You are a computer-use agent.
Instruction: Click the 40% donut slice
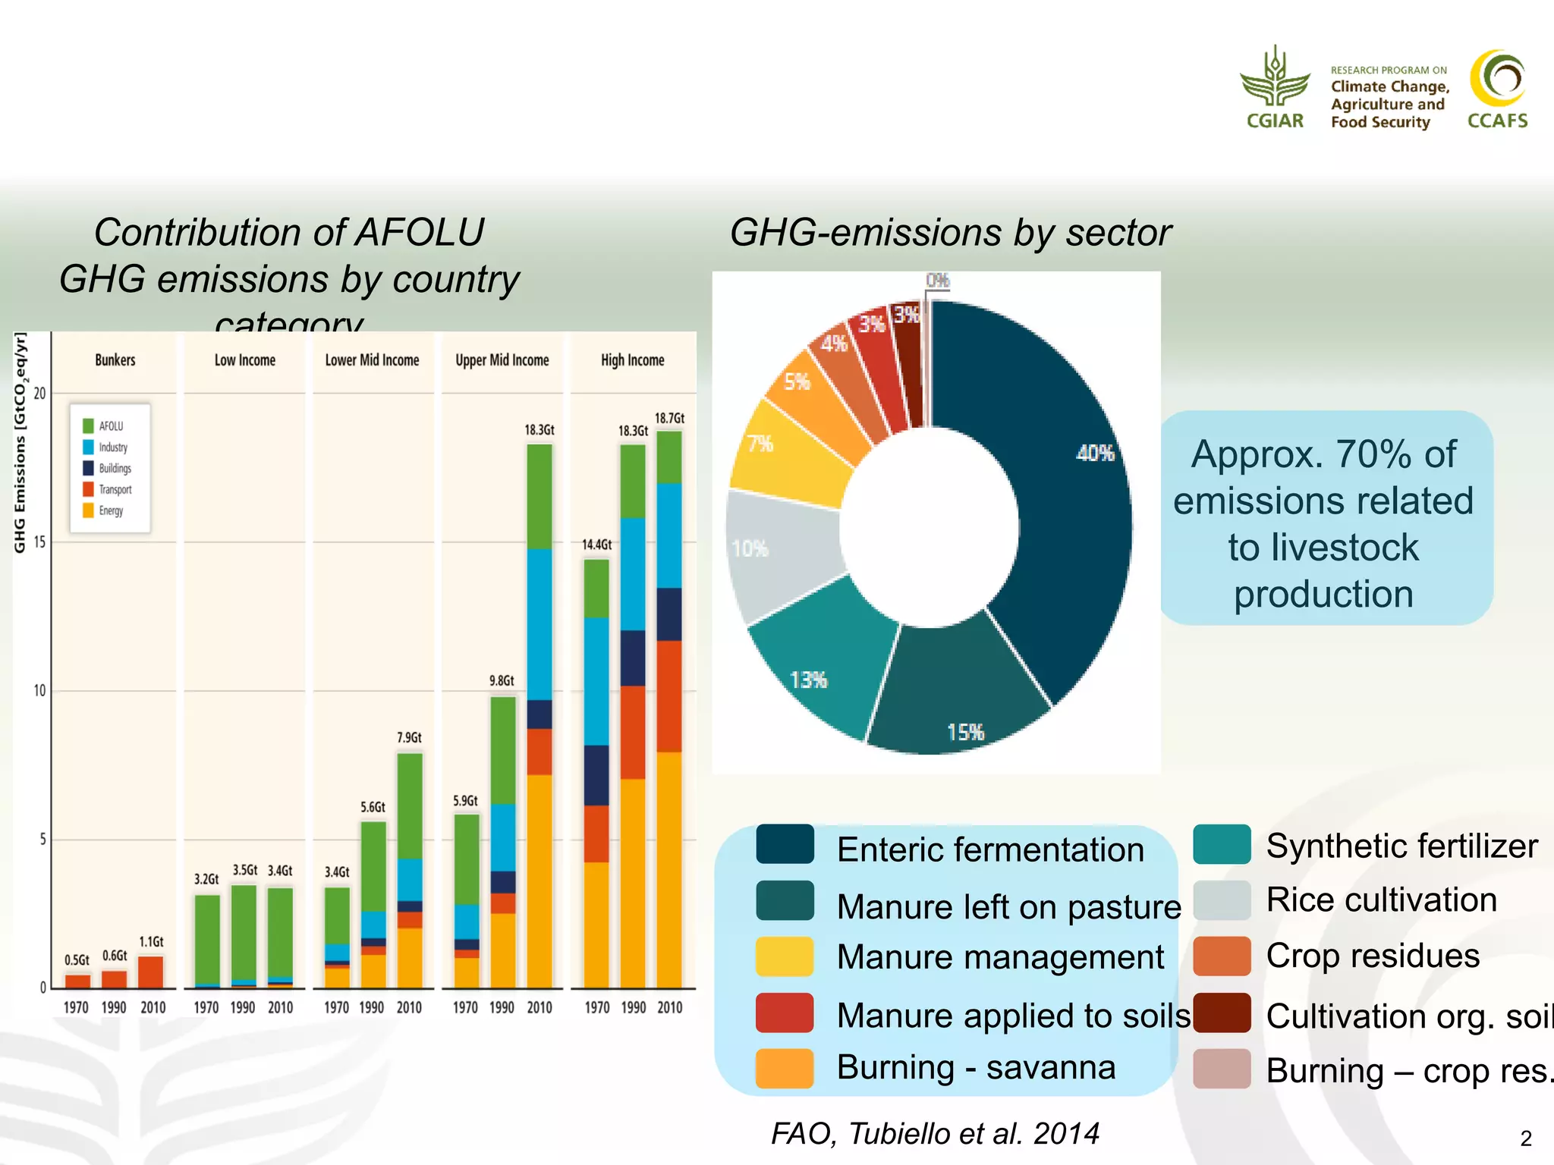(1062, 493)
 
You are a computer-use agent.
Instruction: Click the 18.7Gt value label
(669, 419)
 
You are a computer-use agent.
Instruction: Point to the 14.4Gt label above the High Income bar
(596, 545)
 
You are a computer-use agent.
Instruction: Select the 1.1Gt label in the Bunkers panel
(151, 942)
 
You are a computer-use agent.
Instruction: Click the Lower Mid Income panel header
(372, 360)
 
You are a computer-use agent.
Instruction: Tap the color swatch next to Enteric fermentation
(785, 844)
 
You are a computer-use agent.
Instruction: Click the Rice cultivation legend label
(1381, 900)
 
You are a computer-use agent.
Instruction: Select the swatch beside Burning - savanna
(785, 1068)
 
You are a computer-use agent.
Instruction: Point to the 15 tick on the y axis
(39, 542)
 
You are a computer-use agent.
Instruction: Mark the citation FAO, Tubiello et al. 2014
(935, 1134)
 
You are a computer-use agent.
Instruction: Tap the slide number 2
(1526, 1138)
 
